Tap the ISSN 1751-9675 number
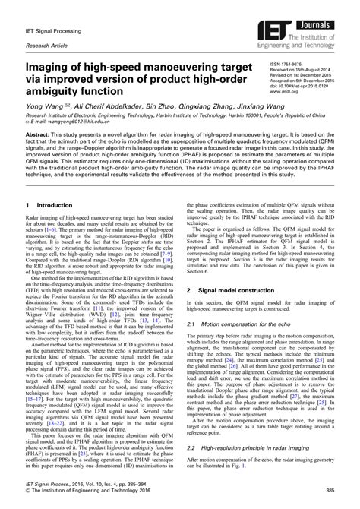287,65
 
